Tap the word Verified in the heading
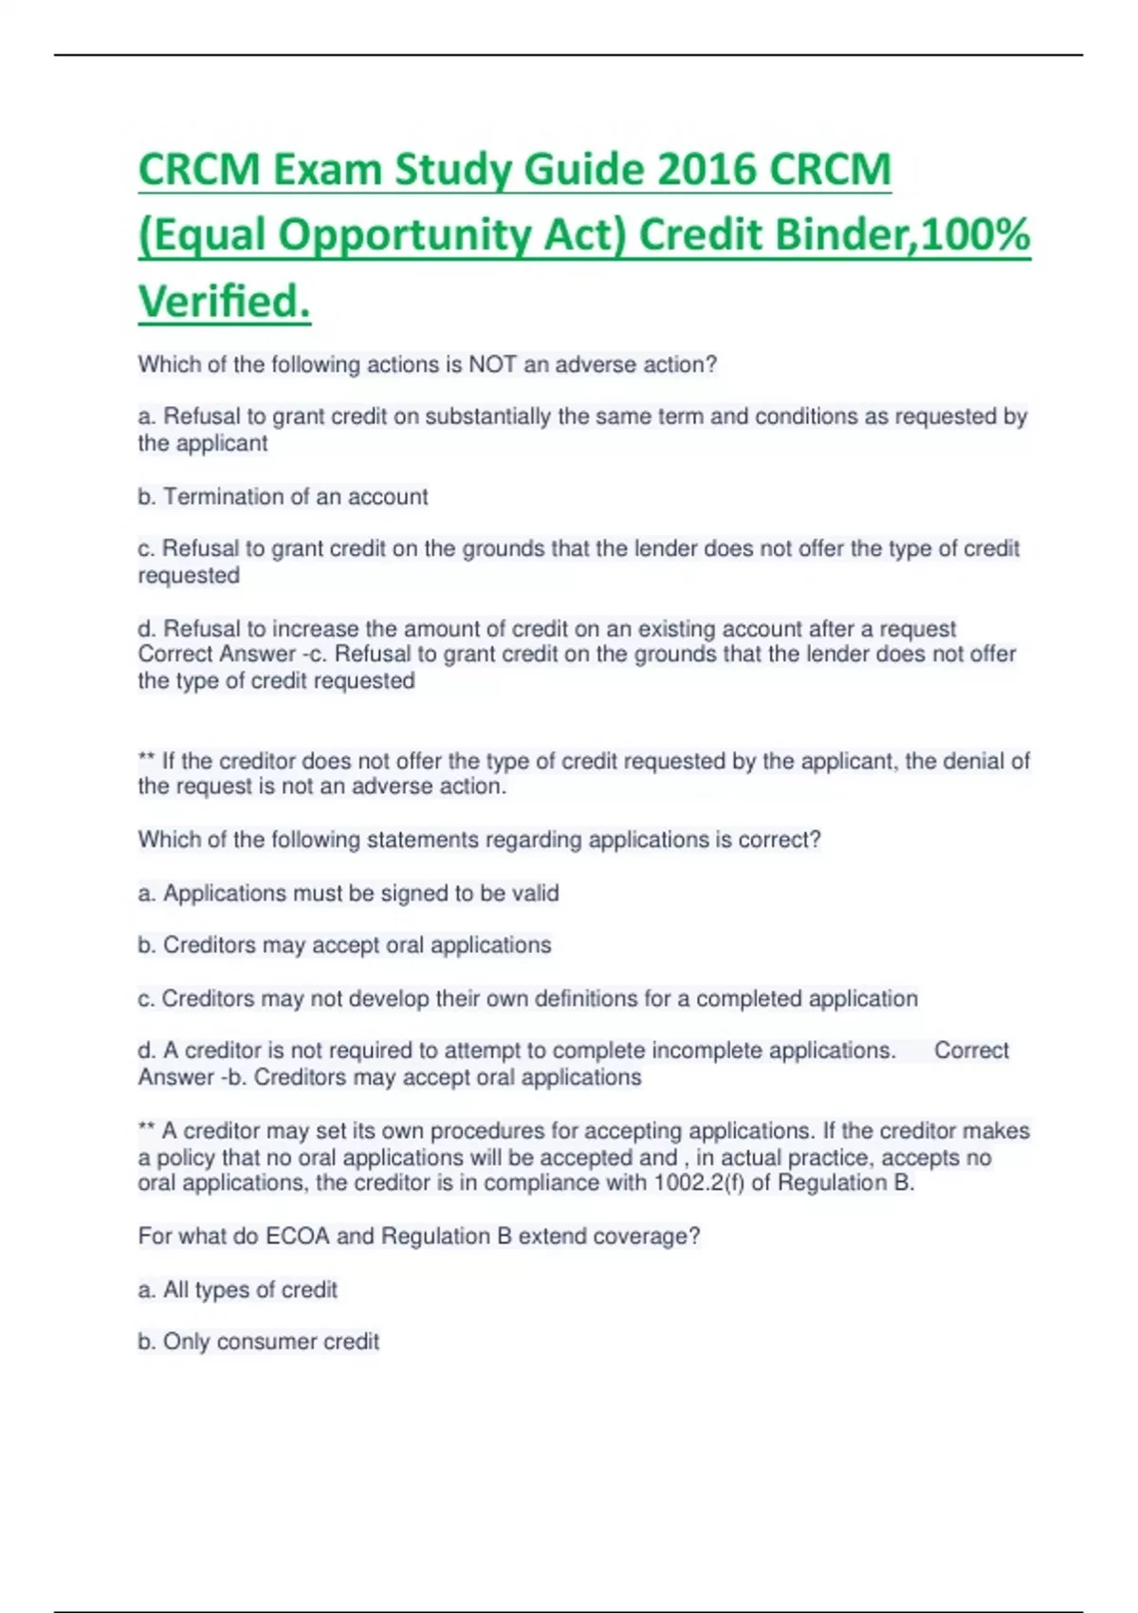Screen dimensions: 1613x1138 pyautogui.click(x=224, y=302)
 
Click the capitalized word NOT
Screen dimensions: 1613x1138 pyautogui.click(x=492, y=364)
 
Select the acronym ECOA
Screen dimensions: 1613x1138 pyautogui.click(x=297, y=1236)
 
